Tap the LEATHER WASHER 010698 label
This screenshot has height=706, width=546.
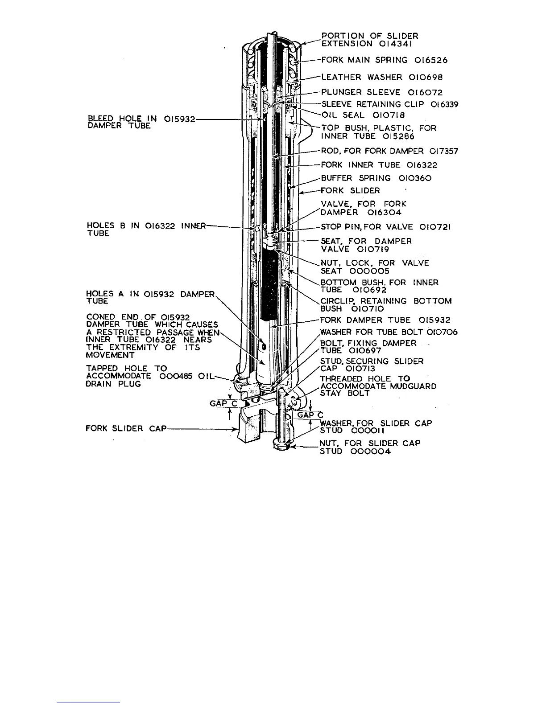pos(382,77)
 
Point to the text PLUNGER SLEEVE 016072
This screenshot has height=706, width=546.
pos(382,93)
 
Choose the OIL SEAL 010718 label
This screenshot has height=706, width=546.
pos(363,115)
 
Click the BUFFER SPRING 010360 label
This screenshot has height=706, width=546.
pos(376,178)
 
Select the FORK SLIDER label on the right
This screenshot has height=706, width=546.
pos(350,191)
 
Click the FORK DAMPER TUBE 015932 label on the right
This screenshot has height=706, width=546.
pos(385,320)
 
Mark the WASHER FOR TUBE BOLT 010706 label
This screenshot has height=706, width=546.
pos(389,332)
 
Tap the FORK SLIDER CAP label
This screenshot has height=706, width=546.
pos(125,429)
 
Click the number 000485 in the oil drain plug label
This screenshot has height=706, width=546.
pos(178,376)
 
